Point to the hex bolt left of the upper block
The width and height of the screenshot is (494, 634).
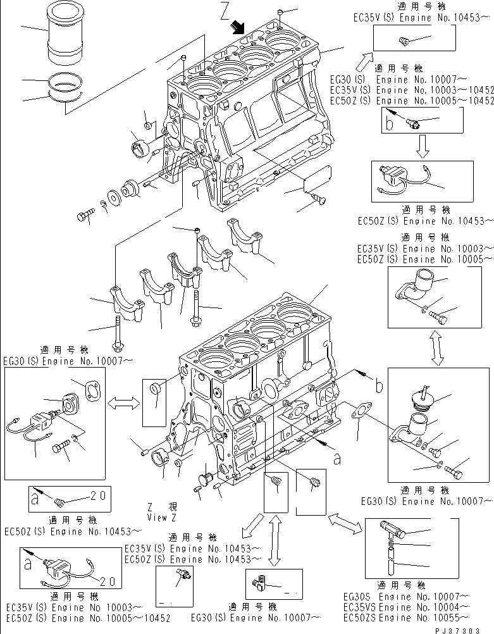(x=84, y=216)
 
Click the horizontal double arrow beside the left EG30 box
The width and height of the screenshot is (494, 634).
(x=123, y=402)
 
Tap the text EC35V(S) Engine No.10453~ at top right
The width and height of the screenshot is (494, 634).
(x=421, y=18)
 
